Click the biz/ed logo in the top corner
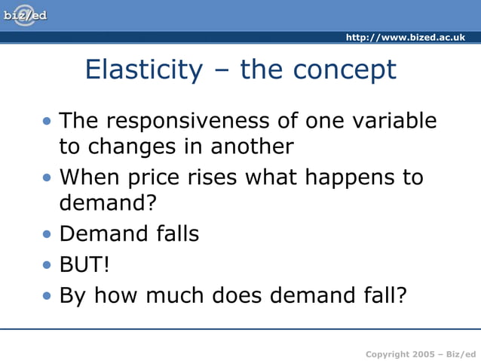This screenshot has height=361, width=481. pos(25,14)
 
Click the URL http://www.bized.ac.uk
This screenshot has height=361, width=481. pos(405,38)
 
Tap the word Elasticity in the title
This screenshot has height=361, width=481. pos(144,69)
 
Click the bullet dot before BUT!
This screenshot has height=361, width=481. pos(48,265)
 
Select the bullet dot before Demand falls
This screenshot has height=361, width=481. pos(48,234)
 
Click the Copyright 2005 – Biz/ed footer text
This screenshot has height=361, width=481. pos(420,353)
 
